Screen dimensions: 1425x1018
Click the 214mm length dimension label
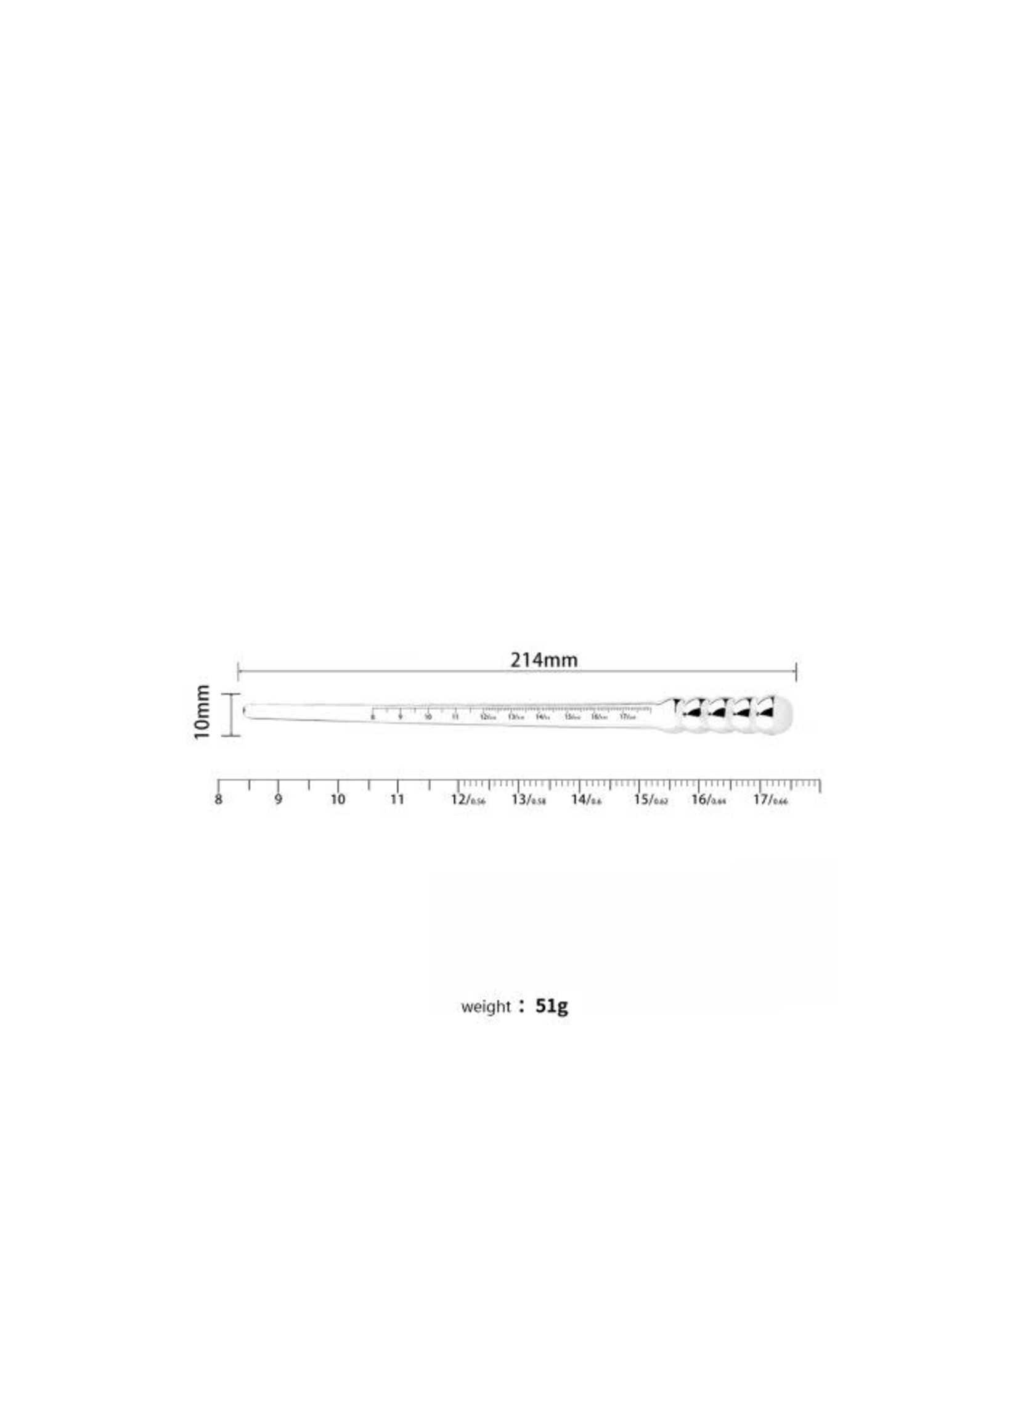[x=544, y=660]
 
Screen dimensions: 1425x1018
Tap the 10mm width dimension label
[x=202, y=712]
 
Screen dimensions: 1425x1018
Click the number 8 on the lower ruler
[x=218, y=800]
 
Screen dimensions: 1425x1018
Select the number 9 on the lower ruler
[x=278, y=800]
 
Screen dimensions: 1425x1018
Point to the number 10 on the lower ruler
[x=338, y=800]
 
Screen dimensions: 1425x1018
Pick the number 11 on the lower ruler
[x=397, y=800]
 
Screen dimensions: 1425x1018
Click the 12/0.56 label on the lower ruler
[x=468, y=800]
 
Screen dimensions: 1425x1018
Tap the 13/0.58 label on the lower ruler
[x=529, y=800]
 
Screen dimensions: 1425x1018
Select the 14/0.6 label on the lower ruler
[x=586, y=800]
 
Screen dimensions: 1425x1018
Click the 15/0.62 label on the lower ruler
[x=650, y=800]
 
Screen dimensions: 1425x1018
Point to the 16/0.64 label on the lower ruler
[x=708, y=800]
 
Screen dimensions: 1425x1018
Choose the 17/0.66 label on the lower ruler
[x=770, y=800]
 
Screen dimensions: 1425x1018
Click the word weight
[x=486, y=1007]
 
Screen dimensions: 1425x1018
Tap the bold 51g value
[x=552, y=1006]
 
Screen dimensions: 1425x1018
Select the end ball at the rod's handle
[x=775, y=714]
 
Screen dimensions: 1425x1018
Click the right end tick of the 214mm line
[x=796, y=671]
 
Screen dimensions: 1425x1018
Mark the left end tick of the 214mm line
[x=238, y=671]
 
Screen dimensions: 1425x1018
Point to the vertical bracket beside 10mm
[x=231, y=715]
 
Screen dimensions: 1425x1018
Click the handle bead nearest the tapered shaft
[x=691, y=714]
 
